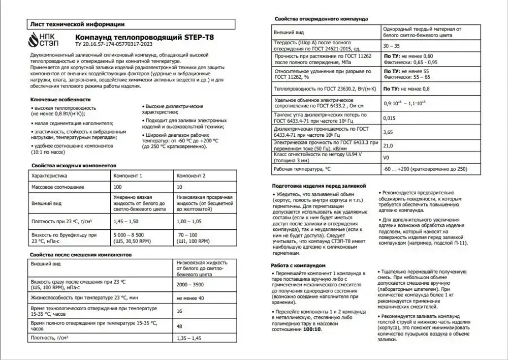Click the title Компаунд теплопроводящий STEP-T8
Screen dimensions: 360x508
[138, 37]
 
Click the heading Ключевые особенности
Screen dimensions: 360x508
[60, 99]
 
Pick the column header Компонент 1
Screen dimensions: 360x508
[128, 175]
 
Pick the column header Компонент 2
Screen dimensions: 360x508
[190, 175]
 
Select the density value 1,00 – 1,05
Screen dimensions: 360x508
[190, 222]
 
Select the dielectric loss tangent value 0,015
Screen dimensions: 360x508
[389, 118]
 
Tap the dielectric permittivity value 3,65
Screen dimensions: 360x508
[388, 132]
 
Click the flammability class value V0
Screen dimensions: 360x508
[387, 158]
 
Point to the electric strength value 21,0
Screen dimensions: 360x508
[388, 145]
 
